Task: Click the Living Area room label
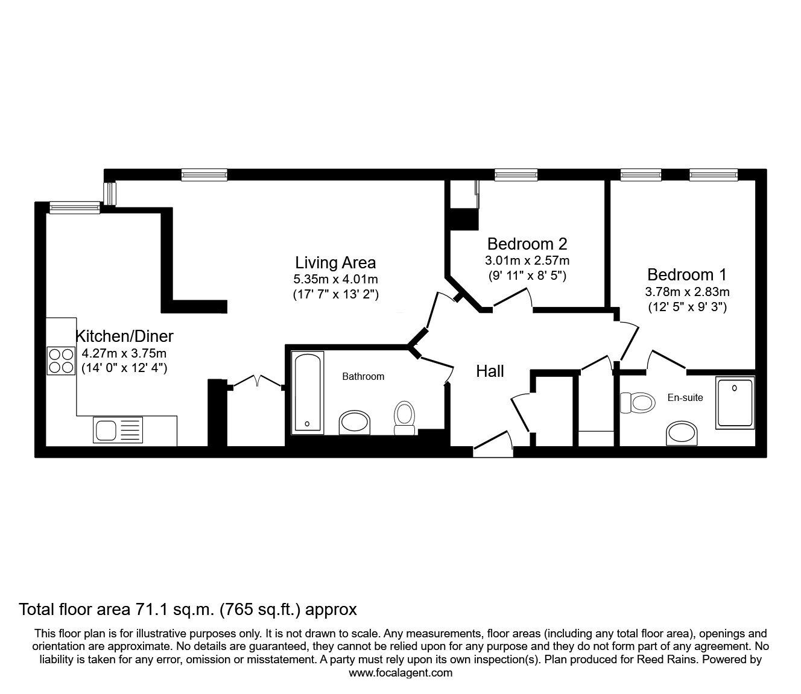(x=335, y=263)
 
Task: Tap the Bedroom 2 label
(x=527, y=244)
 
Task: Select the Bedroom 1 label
(x=687, y=275)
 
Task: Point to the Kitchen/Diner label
(x=124, y=336)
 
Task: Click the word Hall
(x=490, y=371)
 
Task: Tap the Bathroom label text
(x=363, y=376)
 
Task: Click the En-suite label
(x=685, y=397)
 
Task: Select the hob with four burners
(x=61, y=361)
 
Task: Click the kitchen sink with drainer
(x=118, y=430)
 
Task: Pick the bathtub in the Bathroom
(x=307, y=393)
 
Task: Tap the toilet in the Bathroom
(x=405, y=418)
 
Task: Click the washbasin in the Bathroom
(x=355, y=423)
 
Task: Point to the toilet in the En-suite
(x=638, y=403)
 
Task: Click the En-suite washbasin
(x=682, y=434)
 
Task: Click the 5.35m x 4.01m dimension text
(x=335, y=279)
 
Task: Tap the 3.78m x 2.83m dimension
(x=688, y=291)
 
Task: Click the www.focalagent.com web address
(x=400, y=673)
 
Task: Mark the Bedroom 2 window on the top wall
(x=516, y=175)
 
